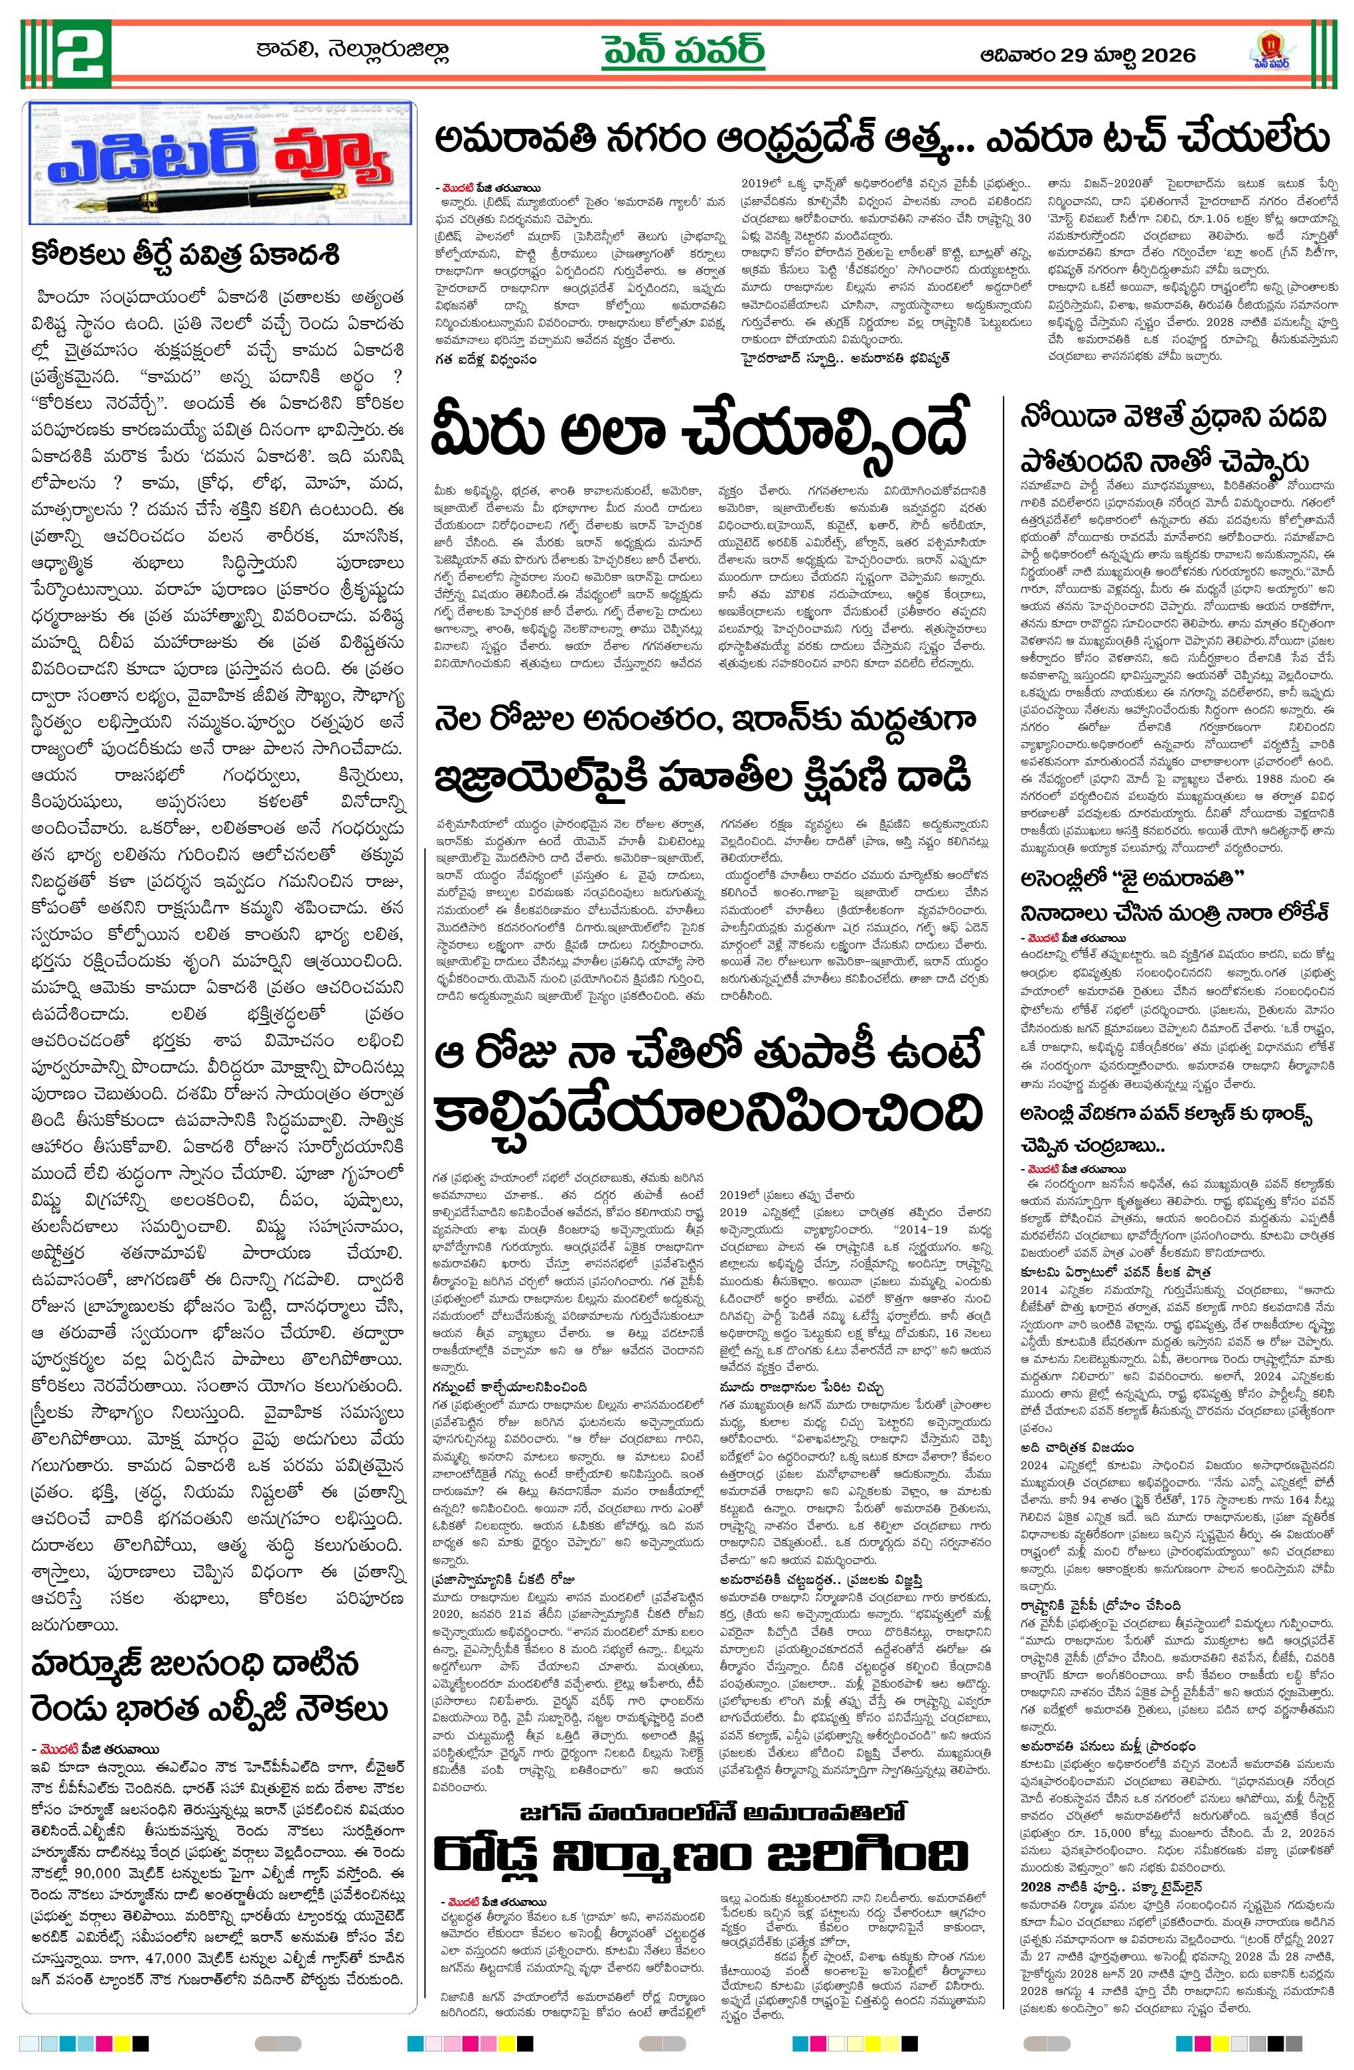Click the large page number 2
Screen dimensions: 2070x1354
[x=81, y=53]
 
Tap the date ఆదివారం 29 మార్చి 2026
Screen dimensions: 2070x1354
[x=1087, y=56]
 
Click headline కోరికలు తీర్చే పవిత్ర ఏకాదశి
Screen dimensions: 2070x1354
[x=185, y=256]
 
